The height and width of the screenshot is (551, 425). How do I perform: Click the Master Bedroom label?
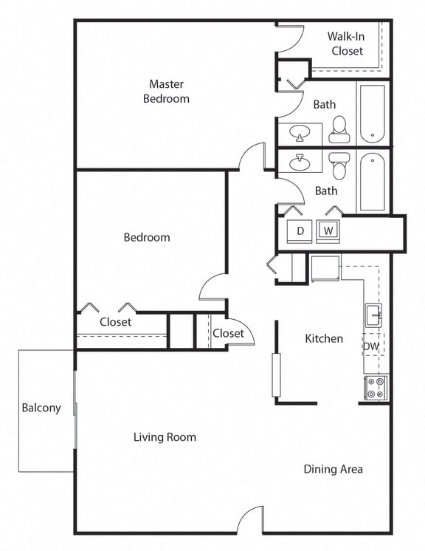click(x=169, y=91)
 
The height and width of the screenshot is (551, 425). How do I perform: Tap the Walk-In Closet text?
click(x=346, y=44)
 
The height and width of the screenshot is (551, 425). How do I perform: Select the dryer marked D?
click(x=300, y=231)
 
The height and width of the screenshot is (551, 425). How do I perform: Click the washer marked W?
click(x=329, y=231)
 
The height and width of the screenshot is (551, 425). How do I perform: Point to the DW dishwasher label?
click(x=370, y=346)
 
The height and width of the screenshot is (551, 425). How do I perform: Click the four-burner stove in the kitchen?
click(x=376, y=388)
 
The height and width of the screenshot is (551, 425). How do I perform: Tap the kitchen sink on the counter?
click(x=373, y=315)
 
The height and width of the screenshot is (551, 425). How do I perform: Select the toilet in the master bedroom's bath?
click(x=339, y=129)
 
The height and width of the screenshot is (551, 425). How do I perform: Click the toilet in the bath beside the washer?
click(x=339, y=166)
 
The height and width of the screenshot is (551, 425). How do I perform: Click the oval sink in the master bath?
click(x=300, y=134)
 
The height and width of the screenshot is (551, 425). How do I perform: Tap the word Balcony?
click(x=41, y=408)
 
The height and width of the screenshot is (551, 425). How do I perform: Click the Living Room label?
click(x=165, y=437)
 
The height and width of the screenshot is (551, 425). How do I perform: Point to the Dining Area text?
click(x=333, y=469)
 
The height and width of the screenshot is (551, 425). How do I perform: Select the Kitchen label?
click(x=324, y=338)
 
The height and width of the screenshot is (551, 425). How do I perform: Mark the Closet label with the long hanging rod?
click(x=115, y=322)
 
